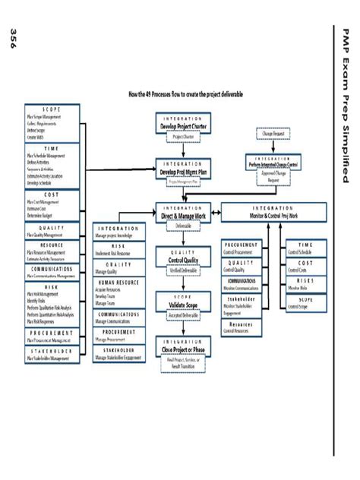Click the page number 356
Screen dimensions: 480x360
pos(13,40)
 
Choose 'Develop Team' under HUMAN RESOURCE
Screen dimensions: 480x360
pos(109,297)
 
